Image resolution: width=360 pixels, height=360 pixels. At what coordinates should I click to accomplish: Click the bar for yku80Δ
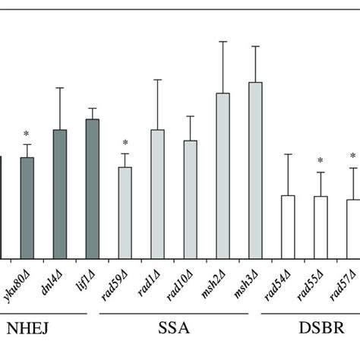tap(27, 209)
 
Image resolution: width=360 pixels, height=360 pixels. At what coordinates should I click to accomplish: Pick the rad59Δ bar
tap(125, 213)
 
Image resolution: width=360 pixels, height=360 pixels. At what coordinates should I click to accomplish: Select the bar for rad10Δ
tap(190, 201)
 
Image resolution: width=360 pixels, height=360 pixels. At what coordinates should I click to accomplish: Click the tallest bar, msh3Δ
tap(255, 172)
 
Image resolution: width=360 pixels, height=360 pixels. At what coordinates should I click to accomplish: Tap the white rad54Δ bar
tap(288, 228)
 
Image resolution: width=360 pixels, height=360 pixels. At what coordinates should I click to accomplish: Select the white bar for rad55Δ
tap(321, 229)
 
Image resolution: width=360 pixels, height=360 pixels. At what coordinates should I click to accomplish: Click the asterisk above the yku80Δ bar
tap(27, 134)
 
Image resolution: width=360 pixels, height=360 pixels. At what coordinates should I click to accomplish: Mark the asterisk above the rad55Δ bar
tap(321, 161)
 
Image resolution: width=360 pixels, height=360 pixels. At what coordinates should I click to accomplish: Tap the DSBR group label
tap(320, 329)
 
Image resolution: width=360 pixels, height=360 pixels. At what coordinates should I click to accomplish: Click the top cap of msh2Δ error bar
tap(223, 42)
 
